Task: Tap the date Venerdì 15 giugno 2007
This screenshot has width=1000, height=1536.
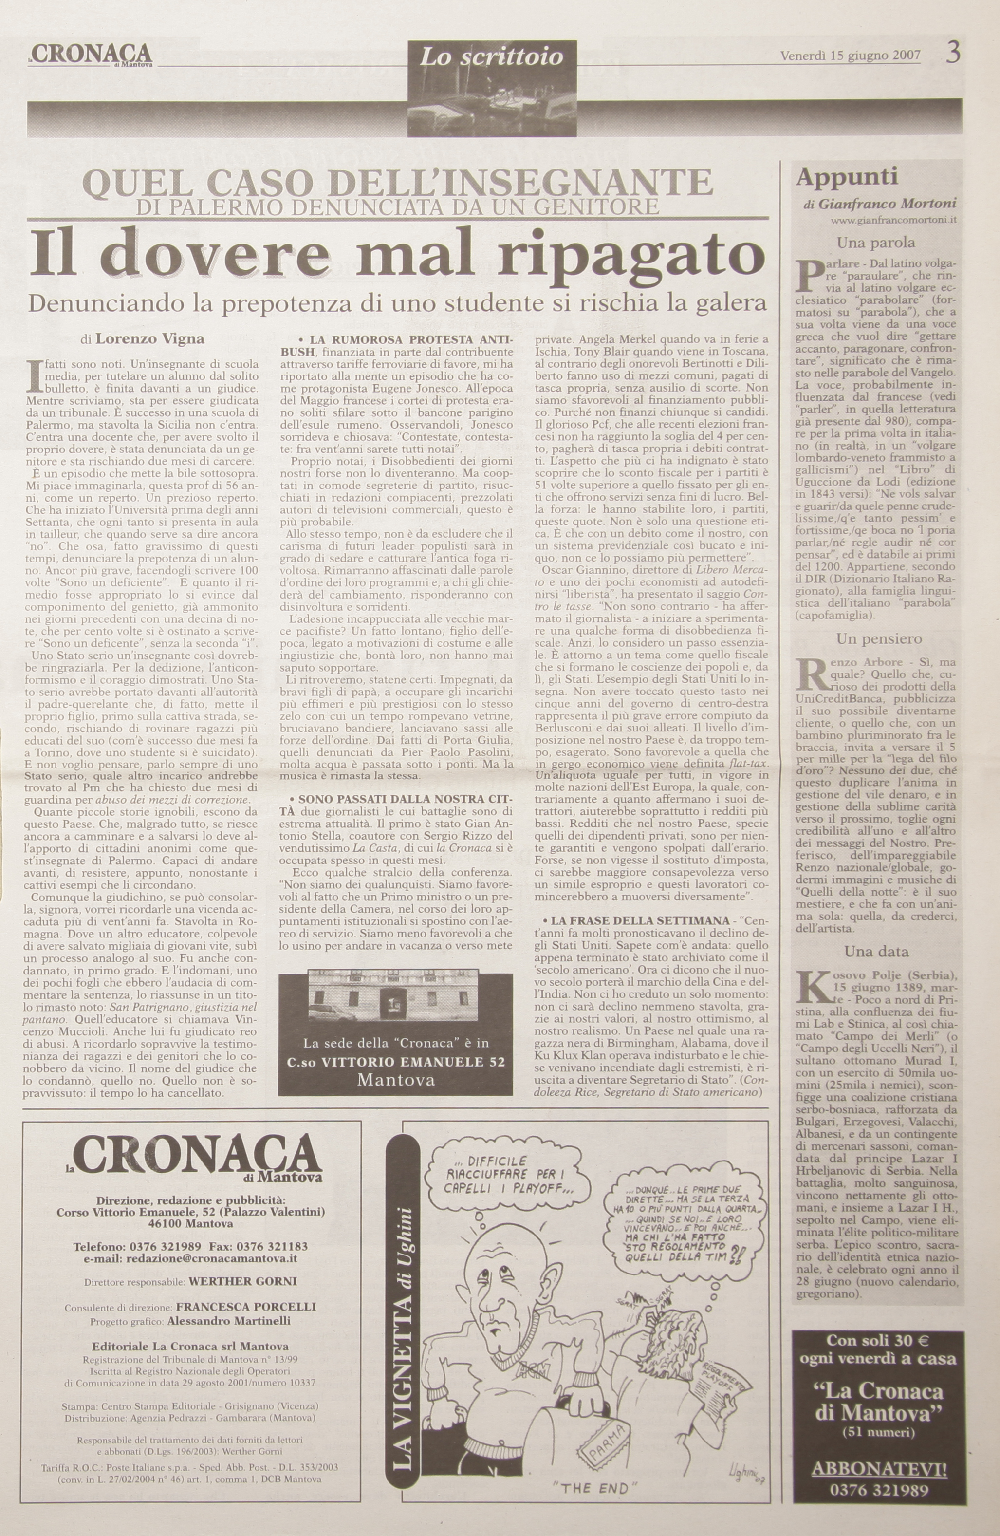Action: (851, 55)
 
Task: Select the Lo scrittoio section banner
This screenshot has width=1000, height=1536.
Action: (492, 58)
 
